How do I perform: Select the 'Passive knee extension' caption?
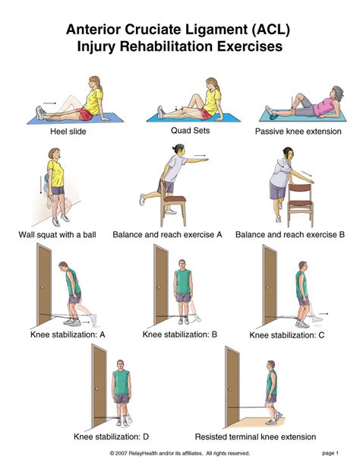tap(298, 132)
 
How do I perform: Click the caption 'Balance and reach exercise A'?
tap(168, 234)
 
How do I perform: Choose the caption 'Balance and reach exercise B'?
tap(289, 234)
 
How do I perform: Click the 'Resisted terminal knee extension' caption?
tap(255, 436)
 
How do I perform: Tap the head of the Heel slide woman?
tap(93, 81)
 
